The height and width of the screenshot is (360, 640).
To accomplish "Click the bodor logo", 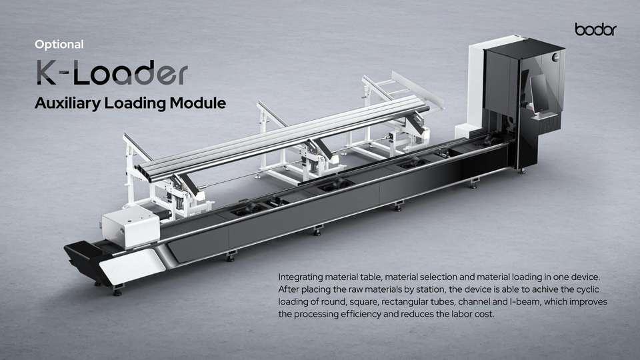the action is point(595,29).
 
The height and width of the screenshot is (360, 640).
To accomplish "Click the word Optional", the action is point(59,45).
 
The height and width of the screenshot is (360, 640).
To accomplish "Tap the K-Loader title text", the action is point(112,73).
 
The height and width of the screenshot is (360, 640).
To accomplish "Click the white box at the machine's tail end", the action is point(131,227).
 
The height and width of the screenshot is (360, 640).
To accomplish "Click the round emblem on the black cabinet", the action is point(555,57).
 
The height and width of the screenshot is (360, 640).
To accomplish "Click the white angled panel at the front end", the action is point(131,266).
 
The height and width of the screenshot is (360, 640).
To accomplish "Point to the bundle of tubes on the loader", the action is point(281,137).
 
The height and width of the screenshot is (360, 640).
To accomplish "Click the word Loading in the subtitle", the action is point(135,103).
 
